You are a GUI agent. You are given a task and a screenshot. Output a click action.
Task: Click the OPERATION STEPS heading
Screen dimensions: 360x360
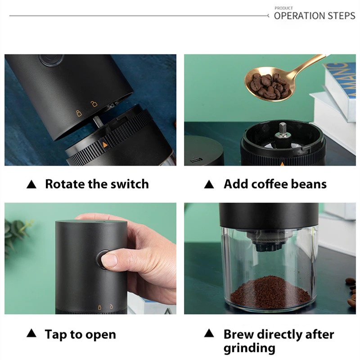click(x=314, y=16)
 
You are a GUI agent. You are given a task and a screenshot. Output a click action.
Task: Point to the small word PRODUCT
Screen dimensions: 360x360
click(x=283, y=8)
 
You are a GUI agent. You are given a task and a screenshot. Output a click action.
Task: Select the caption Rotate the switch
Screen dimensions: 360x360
click(x=96, y=184)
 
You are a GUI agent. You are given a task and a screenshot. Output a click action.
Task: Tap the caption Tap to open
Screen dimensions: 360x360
click(x=80, y=334)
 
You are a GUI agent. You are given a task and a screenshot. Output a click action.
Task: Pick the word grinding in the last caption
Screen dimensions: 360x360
click(x=249, y=348)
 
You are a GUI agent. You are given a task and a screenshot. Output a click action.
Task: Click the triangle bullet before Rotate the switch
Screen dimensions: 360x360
click(x=31, y=184)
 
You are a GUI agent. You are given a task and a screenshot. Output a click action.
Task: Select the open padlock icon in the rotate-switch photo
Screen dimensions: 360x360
click(x=94, y=104)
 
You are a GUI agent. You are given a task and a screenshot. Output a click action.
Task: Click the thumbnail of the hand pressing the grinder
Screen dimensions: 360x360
click(x=90, y=258)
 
